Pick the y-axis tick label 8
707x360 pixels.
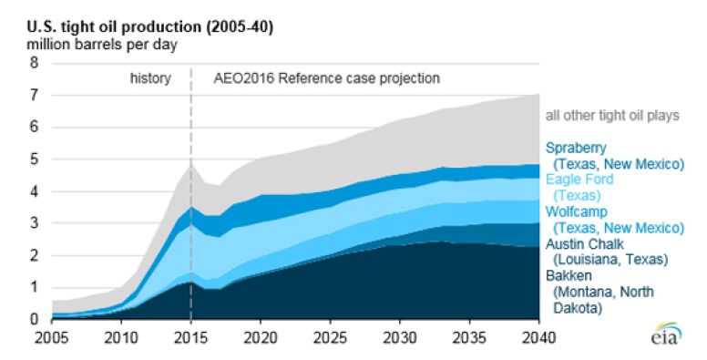pyautogui.click(x=35, y=63)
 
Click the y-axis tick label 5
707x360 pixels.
pyautogui.click(x=35, y=159)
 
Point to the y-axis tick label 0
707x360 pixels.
pyautogui.click(x=35, y=320)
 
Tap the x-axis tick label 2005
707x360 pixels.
pyautogui.click(x=52, y=335)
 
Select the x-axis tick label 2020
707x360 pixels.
pyautogui.click(x=260, y=335)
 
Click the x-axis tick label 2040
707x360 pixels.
pyautogui.click(x=539, y=335)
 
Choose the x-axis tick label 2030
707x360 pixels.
pyautogui.click(x=399, y=335)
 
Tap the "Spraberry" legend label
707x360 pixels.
pyautogui.click(x=576, y=148)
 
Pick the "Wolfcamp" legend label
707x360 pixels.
pyautogui.click(x=576, y=212)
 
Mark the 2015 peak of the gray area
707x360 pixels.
pyautogui.click(x=190, y=164)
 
